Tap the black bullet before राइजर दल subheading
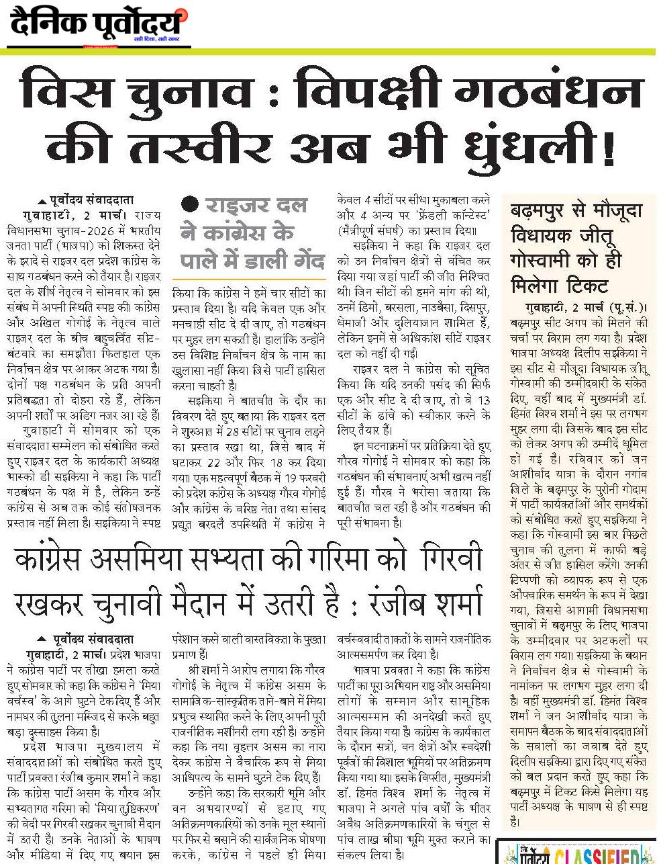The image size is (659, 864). (191, 203)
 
